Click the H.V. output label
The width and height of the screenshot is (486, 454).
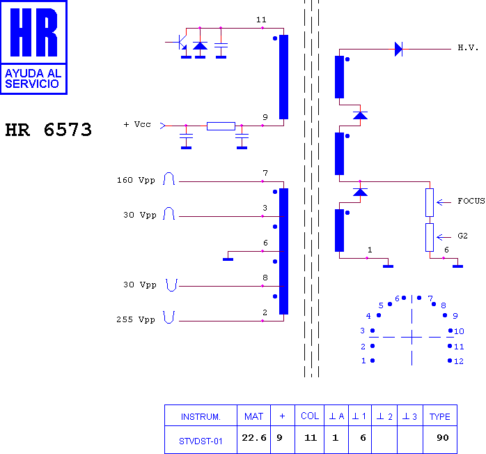(468, 48)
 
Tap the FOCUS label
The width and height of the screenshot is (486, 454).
(471, 201)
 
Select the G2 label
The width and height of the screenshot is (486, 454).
(462, 236)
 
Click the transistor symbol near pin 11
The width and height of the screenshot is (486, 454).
(180, 42)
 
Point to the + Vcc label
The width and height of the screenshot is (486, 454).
(137, 124)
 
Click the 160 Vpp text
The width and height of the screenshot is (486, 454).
(136, 180)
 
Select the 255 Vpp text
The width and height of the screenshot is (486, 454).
(136, 319)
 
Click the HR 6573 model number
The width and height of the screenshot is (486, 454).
(48, 130)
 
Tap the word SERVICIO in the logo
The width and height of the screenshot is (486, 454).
(32, 84)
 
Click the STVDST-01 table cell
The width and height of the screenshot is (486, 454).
(201, 441)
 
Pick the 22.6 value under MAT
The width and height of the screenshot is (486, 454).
(254, 437)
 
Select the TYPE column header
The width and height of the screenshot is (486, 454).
(439, 416)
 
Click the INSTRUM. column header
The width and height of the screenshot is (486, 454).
(201, 416)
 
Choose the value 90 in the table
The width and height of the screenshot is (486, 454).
(443, 437)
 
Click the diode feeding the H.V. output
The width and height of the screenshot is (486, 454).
(398, 49)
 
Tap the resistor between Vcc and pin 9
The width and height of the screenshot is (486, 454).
(221, 126)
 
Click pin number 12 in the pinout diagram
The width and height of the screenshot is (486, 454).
(459, 361)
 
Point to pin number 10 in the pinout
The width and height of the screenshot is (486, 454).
(459, 331)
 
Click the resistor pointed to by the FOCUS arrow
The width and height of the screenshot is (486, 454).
(430, 202)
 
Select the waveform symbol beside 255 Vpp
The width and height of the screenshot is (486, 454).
(169, 317)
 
